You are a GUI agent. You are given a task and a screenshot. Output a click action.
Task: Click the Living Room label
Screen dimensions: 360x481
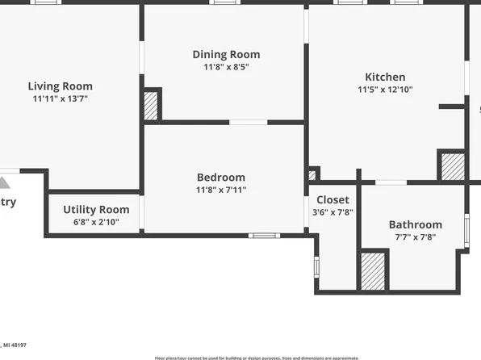coord(61,86)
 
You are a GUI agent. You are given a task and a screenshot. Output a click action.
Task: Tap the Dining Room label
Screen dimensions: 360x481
coord(226,55)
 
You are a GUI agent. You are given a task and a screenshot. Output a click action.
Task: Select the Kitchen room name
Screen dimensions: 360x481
coord(385,77)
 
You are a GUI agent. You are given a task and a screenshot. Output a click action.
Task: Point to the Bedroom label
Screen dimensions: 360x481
coord(221,178)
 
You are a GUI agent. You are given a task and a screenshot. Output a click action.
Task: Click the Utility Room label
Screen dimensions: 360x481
coord(96,210)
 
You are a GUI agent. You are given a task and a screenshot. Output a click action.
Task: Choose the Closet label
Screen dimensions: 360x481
coord(333,200)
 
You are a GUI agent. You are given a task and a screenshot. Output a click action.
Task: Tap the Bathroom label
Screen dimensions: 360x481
coord(416,224)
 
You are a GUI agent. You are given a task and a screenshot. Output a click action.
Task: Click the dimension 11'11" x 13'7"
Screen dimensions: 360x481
coord(61,98)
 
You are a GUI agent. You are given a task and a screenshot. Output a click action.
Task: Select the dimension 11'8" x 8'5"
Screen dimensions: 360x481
coord(226,67)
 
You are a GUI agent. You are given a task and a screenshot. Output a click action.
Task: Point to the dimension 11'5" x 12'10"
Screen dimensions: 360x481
coord(385,90)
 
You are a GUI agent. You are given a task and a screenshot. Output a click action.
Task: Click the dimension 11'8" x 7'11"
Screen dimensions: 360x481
coord(221,190)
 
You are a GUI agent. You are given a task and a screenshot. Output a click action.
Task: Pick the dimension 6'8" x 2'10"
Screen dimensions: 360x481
coord(96,222)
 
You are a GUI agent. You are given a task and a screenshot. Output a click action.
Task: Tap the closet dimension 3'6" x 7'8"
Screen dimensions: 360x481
coord(333,212)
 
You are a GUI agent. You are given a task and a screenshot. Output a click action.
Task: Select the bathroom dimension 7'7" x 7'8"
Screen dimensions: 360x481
coord(416,237)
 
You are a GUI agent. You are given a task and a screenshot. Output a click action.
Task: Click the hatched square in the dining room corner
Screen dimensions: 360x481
coord(151,106)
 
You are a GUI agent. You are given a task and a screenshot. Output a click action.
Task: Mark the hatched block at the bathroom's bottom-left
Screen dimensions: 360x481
coord(372,270)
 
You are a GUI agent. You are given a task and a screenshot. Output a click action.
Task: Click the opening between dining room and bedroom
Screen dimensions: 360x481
coord(248,123)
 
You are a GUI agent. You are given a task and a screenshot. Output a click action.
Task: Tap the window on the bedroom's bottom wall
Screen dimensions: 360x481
coord(264,236)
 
